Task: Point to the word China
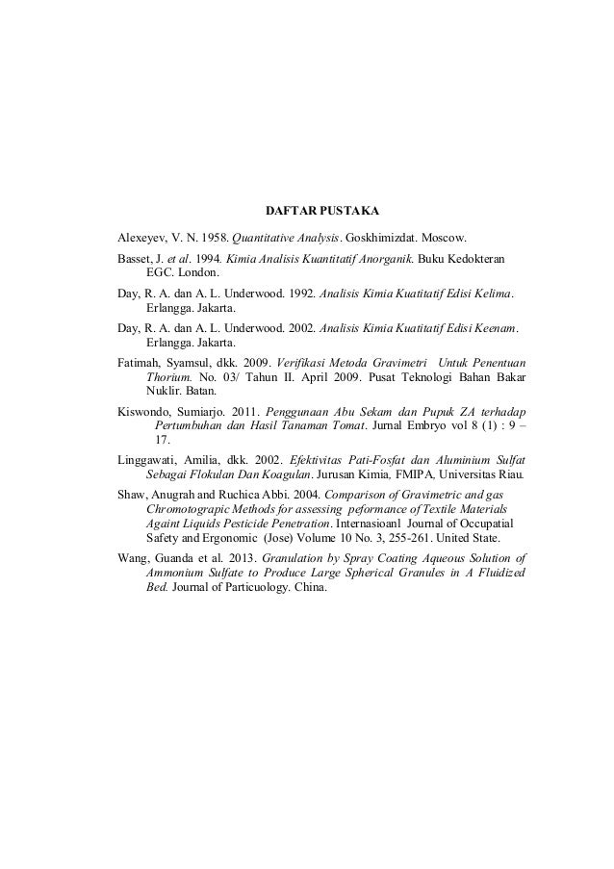tap(307, 588)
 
